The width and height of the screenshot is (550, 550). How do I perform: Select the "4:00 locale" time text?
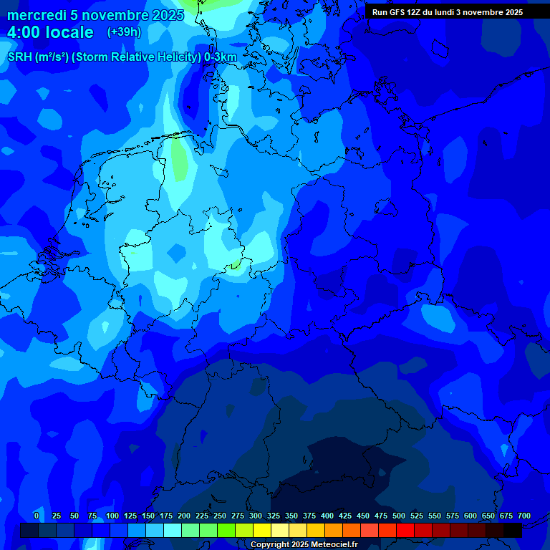coord(50,32)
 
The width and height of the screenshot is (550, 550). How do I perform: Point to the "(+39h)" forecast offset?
coord(124,32)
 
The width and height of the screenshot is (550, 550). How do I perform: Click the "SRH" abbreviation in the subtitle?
coord(19,57)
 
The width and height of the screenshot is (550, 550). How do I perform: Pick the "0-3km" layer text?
coord(220,57)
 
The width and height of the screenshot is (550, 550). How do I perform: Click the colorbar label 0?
coord(37,516)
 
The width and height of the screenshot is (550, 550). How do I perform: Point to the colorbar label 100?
coord(112,516)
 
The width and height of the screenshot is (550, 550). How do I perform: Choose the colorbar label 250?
coord(220,516)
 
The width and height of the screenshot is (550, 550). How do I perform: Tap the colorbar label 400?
coord(327,516)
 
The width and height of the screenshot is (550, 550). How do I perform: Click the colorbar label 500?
coord(399,516)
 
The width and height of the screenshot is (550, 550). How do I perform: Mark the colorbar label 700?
coord(524,516)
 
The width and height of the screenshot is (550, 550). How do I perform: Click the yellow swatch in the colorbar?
coord(262,530)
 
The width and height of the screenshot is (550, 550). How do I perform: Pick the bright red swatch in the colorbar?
coord(405,530)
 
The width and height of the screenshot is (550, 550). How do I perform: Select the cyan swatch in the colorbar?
coord(173,530)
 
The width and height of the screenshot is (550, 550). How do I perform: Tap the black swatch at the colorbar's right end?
coord(513,530)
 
